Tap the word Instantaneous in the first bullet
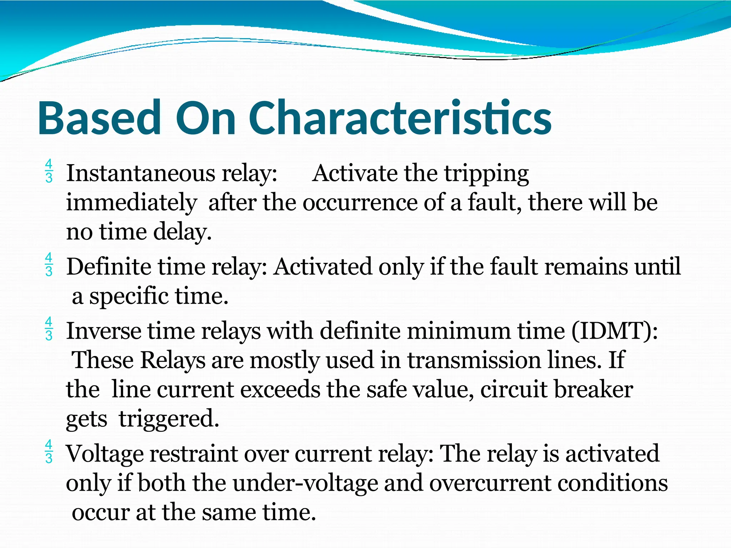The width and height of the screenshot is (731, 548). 141,173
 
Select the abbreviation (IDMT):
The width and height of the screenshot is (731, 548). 614,331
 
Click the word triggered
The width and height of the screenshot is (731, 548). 168,419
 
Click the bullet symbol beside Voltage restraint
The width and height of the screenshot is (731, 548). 49,452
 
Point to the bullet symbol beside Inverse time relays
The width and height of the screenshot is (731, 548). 49,329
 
